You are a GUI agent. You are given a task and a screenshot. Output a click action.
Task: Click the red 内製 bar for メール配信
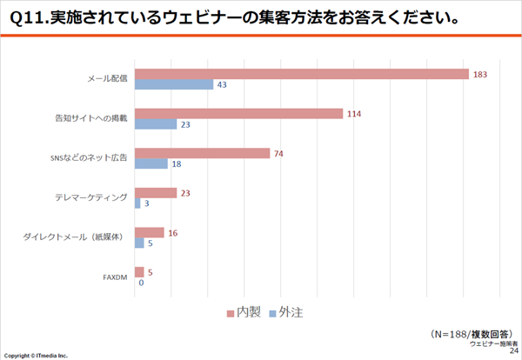pos(302,74)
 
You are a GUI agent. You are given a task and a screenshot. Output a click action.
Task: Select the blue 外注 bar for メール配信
pos(174,85)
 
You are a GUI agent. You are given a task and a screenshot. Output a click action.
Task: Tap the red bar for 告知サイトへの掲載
pos(239,113)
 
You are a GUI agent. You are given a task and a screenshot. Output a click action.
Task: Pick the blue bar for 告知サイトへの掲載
pos(156,124)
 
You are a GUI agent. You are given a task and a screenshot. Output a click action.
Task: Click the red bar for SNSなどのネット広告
pos(203,153)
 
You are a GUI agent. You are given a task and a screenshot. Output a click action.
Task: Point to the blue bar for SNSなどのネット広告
pos(151,163)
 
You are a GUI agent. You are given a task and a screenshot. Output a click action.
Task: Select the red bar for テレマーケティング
pos(156,192)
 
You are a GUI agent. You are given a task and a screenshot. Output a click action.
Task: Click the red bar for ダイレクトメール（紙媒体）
pos(150,232)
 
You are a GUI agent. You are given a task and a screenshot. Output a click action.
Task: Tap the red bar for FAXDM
pos(139,272)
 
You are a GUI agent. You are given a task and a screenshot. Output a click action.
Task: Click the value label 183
pos(479,74)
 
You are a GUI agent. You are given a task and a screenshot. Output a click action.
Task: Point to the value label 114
pos(353,113)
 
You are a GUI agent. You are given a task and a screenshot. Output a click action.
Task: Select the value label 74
pos(279,153)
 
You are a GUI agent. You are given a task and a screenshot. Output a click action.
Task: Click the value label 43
pos(222,85)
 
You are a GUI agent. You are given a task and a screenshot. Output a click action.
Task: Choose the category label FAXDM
pos(116,277)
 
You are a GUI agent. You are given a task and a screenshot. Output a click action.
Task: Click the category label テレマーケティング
pos(91,198)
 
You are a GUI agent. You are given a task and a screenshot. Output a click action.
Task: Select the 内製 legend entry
pos(244,311)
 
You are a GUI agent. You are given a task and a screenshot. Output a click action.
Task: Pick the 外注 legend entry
pos(284,311)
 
